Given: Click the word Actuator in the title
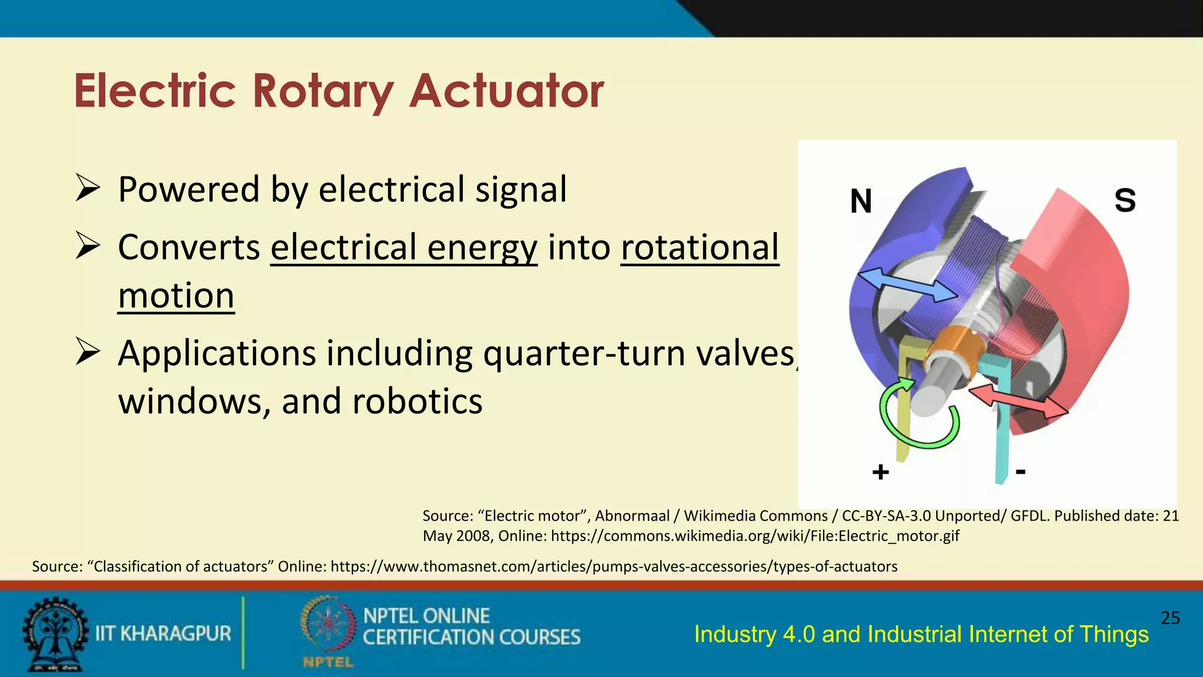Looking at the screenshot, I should click(x=506, y=92).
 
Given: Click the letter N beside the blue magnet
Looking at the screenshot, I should click(x=861, y=201).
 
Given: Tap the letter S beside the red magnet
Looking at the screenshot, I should click(x=1125, y=200).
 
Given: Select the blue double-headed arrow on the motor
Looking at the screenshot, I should click(x=907, y=285).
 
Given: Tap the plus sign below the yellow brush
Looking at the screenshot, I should click(x=880, y=472).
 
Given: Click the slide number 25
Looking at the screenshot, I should click(x=1170, y=618).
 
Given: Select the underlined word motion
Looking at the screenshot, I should click(x=176, y=295).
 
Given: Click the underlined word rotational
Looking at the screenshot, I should click(x=699, y=247).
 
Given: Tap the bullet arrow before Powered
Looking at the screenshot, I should click(x=88, y=189).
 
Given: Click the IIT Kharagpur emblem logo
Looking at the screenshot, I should click(x=54, y=634).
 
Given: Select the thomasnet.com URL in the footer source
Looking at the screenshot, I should click(x=614, y=567).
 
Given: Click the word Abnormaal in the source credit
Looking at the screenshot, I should click(x=632, y=516).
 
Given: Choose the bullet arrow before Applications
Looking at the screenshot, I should click(x=88, y=353).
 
